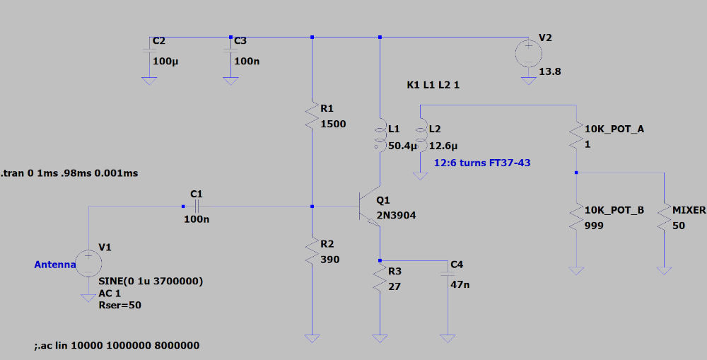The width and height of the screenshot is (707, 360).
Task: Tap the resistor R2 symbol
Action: [x=312, y=251]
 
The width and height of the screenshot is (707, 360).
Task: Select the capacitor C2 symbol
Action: [x=149, y=52]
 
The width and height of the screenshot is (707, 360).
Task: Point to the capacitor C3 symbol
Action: [x=230, y=52]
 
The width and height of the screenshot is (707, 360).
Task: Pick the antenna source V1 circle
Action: [x=89, y=264]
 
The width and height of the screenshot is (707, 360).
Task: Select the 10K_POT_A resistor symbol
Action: [x=577, y=134]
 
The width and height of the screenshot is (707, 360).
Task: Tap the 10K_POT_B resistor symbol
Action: [x=577, y=217]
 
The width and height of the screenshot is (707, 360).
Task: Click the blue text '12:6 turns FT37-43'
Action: [x=482, y=163]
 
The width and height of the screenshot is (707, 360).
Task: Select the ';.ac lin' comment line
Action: [x=117, y=346]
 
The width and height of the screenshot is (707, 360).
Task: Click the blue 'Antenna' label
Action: [x=54, y=265]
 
